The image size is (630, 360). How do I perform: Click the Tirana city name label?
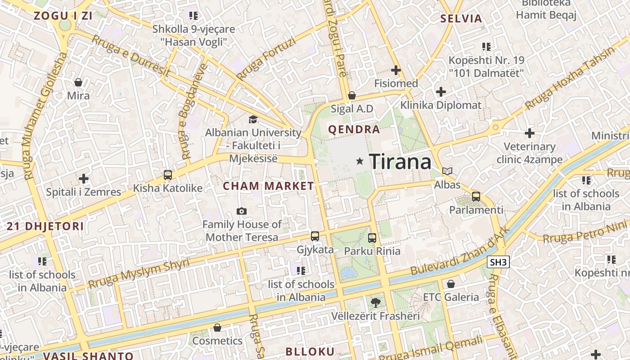pos(400,161)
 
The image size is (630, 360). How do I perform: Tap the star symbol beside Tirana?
pos(360,161)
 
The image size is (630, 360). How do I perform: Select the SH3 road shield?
pos(498,262)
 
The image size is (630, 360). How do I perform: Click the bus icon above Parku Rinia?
pos(372,238)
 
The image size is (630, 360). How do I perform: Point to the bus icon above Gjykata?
pos(315,236)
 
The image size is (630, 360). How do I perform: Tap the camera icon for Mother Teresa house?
pos(242,211)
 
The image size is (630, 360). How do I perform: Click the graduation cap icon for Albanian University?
pos(253,119)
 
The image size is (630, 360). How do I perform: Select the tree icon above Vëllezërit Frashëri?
pos(375,302)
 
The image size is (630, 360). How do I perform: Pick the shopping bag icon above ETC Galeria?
pos(450,284)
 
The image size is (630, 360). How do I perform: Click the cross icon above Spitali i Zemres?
pos(83,179)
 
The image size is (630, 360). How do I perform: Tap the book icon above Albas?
pos(447,171)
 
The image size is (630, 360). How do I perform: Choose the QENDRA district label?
pos(354,130)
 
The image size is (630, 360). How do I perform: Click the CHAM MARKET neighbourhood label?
pos(269,186)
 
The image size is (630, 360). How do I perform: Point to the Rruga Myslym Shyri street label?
pos(139,274)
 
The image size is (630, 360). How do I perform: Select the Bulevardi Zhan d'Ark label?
pos(460,252)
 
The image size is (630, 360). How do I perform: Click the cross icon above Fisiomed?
pos(396,70)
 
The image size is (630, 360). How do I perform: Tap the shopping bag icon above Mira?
pos(78,82)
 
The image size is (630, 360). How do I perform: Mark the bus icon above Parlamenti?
pos(476,197)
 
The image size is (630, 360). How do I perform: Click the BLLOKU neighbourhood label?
pos(310,351)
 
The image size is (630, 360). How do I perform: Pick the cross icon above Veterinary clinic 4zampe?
pos(530,133)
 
